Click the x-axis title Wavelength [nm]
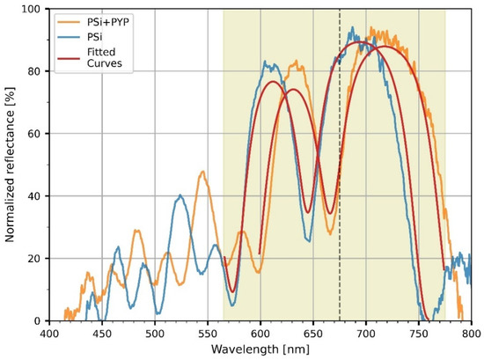(x=260, y=349)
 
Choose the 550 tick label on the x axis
(x=208, y=333)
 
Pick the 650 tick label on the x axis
(x=313, y=333)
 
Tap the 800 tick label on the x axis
(x=471, y=333)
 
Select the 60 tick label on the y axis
(x=33, y=134)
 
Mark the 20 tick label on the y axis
(x=33, y=259)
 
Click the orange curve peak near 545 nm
(x=203, y=172)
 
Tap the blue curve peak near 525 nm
(x=180, y=195)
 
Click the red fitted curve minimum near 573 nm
(x=232, y=291)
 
